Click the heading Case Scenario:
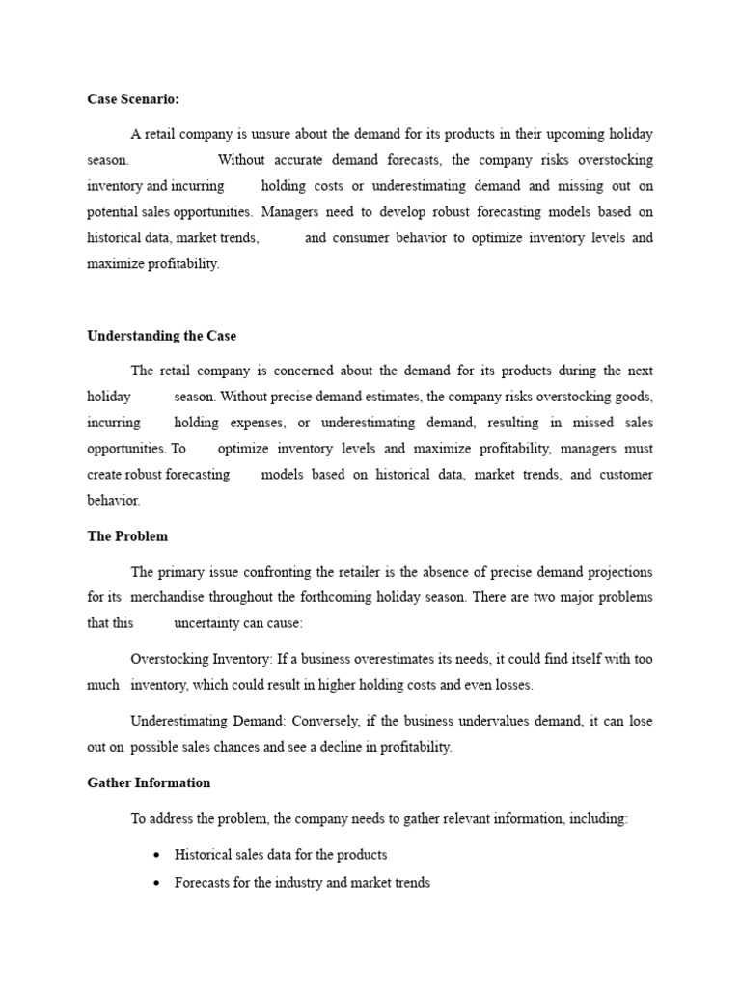(133, 98)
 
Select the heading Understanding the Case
(161, 336)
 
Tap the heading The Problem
(127, 536)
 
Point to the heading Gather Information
(149, 782)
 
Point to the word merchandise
(168, 598)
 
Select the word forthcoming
(405, 598)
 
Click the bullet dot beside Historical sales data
(156, 855)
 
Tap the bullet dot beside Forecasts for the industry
(156, 883)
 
